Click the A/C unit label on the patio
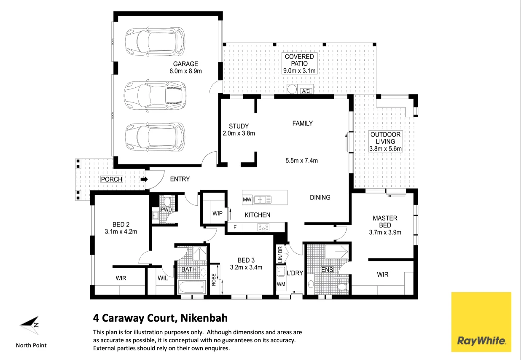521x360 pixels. [306, 91]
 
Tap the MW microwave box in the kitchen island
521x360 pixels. [247, 199]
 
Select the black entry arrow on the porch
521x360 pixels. [144, 179]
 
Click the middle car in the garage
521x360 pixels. [155, 95]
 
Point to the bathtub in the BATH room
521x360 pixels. [192, 287]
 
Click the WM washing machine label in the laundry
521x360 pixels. [281, 284]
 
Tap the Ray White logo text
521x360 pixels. [481, 341]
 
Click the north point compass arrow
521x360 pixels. [30, 325]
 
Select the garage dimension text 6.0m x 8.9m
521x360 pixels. [185, 71]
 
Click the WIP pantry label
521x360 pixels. [218, 213]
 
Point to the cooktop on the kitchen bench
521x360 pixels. [263, 227]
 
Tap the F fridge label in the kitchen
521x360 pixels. [235, 228]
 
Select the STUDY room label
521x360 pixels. [239, 126]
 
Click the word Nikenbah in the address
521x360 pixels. [204, 318]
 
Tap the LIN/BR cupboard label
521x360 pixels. [280, 255]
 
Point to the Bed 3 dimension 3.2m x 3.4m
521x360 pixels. [246, 267]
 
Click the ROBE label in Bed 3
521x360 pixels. [214, 279]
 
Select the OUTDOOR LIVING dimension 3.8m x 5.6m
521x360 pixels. [385, 149]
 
